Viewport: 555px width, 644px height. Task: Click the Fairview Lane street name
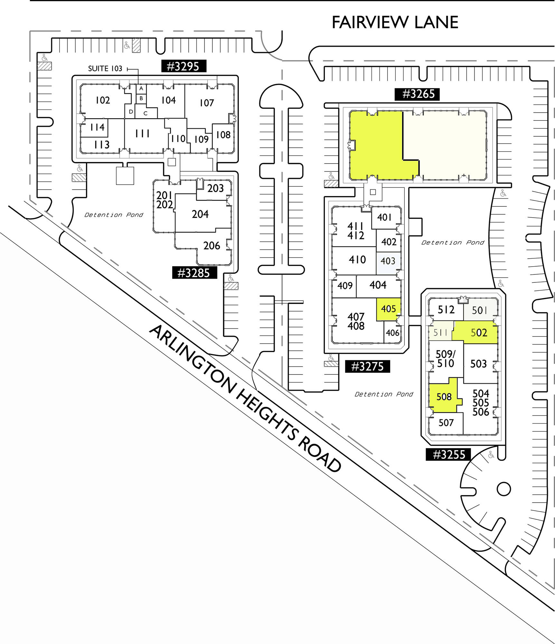(395, 22)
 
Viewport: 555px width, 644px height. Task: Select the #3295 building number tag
(183, 66)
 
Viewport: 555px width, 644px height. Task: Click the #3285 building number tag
(194, 273)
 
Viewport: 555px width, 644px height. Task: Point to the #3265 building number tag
(417, 94)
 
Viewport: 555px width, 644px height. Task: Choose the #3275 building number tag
(367, 366)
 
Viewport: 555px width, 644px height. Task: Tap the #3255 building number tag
(448, 455)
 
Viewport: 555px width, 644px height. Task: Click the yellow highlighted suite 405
(389, 309)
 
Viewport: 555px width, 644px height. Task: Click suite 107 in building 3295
(207, 103)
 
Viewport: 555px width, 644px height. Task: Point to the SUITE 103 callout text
(105, 69)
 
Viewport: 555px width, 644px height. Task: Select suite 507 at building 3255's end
(446, 423)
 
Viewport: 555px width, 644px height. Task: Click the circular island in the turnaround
(503, 489)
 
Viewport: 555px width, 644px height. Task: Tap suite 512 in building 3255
(446, 310)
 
